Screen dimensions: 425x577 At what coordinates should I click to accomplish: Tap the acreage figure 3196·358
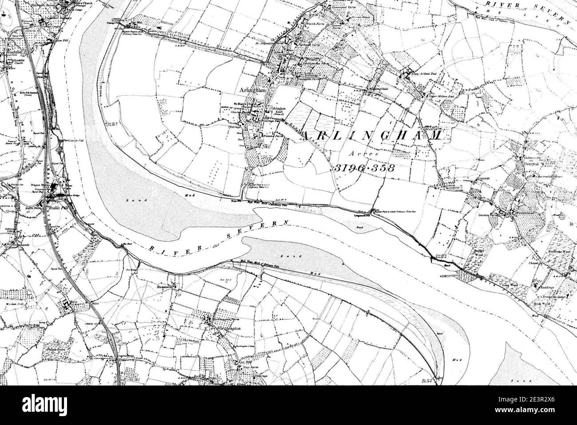[x=363, y=169]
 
